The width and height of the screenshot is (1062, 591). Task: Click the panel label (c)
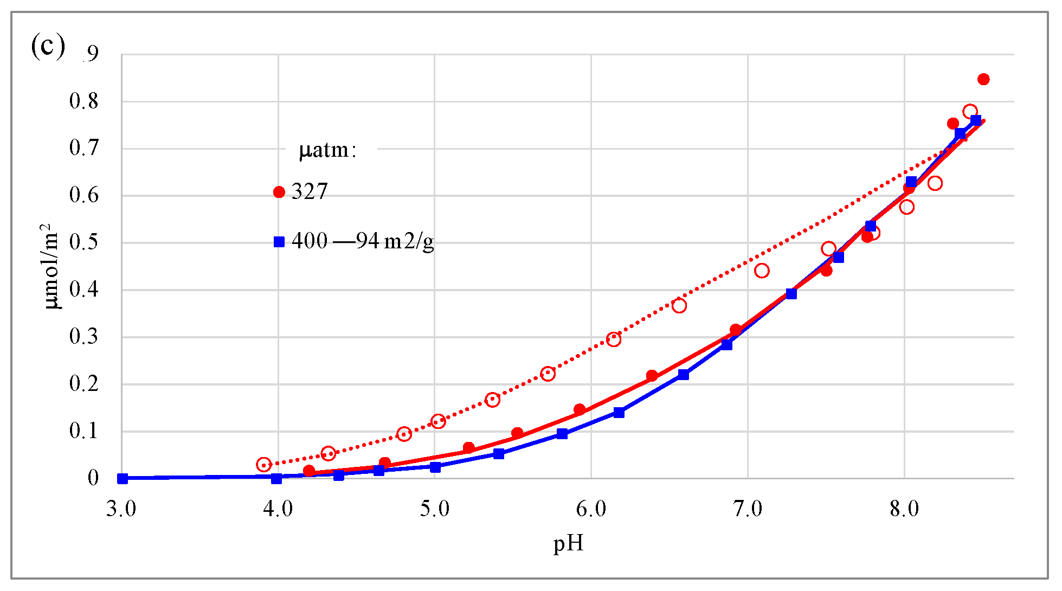click(x=48, y=47)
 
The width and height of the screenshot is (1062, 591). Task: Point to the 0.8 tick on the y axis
click(x=84, y=101)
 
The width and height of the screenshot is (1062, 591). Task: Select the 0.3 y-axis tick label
click(x=84, y=337)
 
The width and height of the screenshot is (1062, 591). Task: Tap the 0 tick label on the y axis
click(x=93, y=478)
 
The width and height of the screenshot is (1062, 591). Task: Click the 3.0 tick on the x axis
click(x=121, y=510)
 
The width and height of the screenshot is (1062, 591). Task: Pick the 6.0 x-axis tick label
click(x=591, y=510)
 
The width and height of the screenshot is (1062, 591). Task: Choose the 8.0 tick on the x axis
click(x=904, y=510)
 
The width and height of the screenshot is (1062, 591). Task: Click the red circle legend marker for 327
click(x=279, y=192)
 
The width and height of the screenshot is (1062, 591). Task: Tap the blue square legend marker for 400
click(x=279, y=242)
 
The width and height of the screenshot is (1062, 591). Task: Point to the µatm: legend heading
click(x=327, y=150)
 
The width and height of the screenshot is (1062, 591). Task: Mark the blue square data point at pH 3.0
click(x=123, y=478)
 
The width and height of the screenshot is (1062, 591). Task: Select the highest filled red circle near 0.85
click(x=983, y=79)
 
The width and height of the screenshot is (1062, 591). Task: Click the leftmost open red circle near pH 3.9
click(x=263, y=465)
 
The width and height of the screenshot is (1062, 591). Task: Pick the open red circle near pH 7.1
click(x=762, y=271)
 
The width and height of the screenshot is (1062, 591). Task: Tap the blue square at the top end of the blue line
click(x=976, y=120)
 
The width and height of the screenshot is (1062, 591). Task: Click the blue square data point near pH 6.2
click(x=619, y=413)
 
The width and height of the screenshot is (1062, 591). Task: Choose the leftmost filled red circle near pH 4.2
click(x=309, y=471)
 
